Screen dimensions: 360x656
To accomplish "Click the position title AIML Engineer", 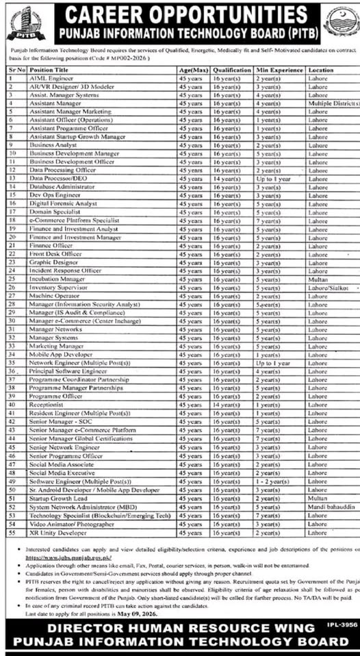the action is click(x=46, y=79).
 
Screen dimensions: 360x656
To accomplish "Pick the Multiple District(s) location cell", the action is click(x=334, y=102).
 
